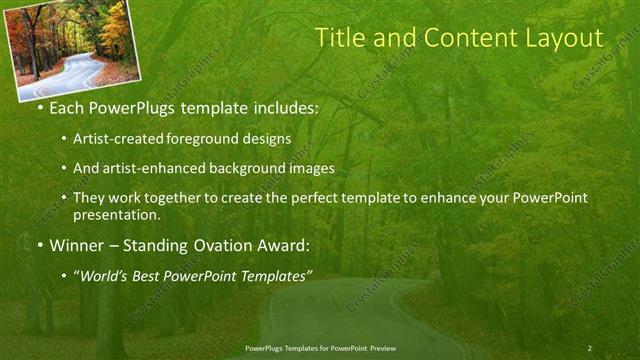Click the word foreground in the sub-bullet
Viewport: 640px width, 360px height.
[x=214, y=139]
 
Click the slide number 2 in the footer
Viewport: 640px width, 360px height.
[x=590, y=348]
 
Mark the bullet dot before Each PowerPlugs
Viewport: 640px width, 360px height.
[x=39, y=106]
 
